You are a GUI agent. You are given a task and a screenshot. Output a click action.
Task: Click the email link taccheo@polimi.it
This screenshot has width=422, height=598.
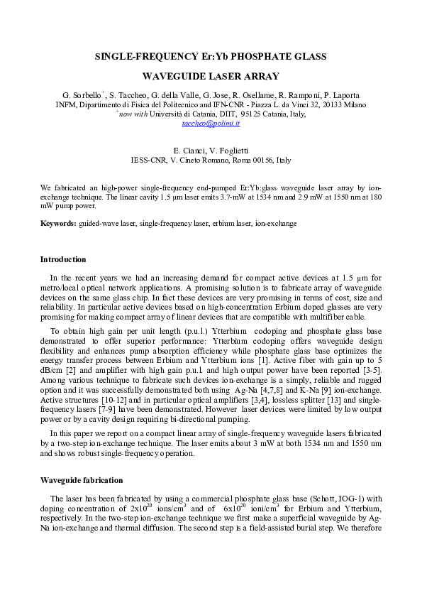[211, 123]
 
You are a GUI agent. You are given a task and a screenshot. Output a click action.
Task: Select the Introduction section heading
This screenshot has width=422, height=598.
[63, 259]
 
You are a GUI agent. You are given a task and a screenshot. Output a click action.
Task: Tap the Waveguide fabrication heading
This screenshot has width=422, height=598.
[82, 480]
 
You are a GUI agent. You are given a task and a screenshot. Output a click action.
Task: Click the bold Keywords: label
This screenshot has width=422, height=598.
[58, 223]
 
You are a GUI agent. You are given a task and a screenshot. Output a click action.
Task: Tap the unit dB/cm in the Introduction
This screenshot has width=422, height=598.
[51, 371]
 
